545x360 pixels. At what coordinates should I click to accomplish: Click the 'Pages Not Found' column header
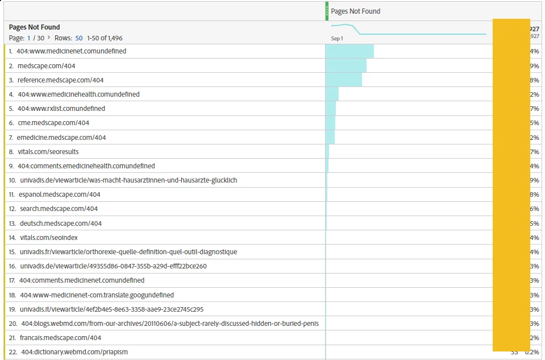pyautogui.click(x=355, y=11)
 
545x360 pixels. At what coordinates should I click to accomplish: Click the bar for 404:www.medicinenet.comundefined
pyautogui.click(x=350, y=51)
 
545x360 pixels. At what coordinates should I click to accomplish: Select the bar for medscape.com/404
pyautogui.click(x=346, y=65)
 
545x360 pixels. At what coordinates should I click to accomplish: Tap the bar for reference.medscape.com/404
pyautogui.click(x=344, y=80)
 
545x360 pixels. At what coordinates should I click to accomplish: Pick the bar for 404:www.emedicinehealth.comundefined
pyautogui.click(x=332, y=94)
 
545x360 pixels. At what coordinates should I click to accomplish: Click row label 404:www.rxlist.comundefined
pyautogui.click(x=61, y=109)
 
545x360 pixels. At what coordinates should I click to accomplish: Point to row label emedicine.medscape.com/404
pyautogui.click(x=61, y=138)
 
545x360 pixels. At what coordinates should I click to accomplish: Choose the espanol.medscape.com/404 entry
pyautogui.click(x=59, y=195)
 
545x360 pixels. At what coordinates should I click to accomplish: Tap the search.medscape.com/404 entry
pyautogui.click(x=59, y=209)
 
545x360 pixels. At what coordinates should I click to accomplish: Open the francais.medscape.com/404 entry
pyautogui.click(x=60, y=338)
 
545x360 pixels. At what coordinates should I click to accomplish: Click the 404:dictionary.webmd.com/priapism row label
pyautogui.click(x=74, y=352)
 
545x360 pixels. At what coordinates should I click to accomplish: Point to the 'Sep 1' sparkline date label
pyautogui.click(x=337, y=38)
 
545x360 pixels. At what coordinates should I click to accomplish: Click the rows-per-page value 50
pyautogui.click(x=79, y=38)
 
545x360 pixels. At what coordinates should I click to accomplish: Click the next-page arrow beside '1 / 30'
pyautogui.click(x=49, y=38)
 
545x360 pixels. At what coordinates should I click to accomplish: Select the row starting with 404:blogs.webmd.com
pyautogui.click(x=170, y=324)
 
